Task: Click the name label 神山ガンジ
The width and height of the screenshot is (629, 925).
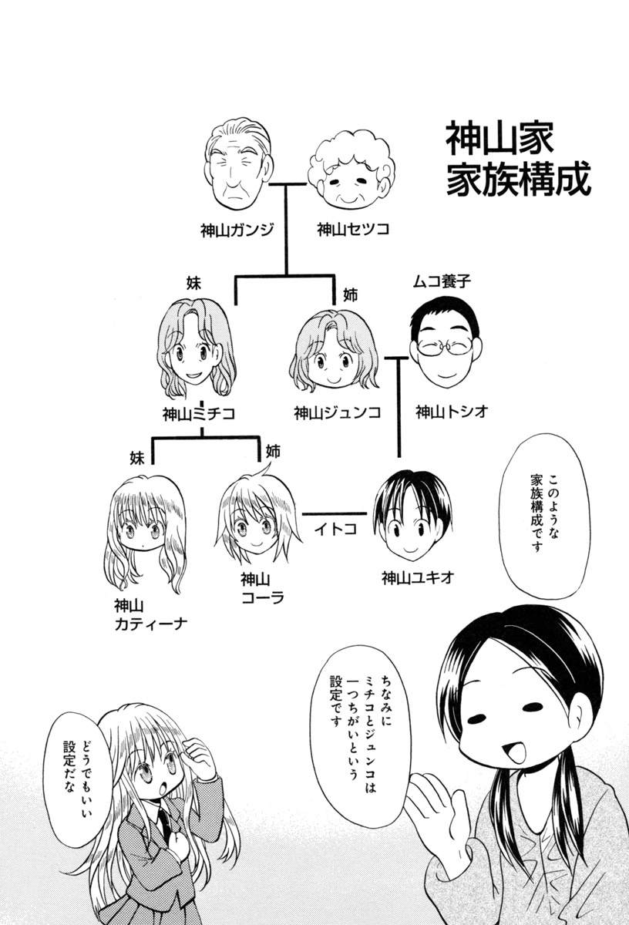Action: [237, 229]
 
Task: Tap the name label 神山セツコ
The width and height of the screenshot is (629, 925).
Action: [353, 229]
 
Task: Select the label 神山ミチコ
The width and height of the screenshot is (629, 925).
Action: [199, 413]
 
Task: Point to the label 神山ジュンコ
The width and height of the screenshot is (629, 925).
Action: [338, 413]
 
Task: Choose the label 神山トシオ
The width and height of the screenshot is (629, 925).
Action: [452, 412]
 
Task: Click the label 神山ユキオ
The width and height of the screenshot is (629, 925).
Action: [417, 576]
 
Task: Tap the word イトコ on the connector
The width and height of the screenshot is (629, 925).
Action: [335, 529]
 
